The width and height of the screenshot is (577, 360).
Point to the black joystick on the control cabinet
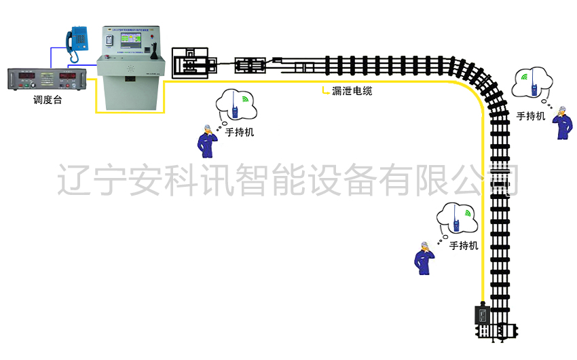pos(155,51)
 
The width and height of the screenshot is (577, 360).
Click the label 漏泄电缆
pos(350,90)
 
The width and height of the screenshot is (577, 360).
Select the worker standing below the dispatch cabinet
pos(205,141)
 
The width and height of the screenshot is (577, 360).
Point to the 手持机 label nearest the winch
pos(240,132)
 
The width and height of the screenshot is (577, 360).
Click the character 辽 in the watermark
pos(73,179)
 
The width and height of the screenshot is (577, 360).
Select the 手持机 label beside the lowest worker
pos(464,245)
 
